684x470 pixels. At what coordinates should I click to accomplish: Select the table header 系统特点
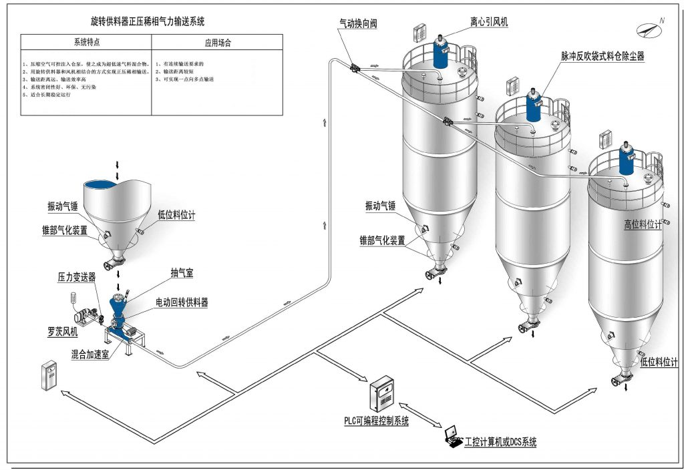click(87, 41)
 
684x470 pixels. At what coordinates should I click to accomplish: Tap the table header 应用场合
click(218, 41)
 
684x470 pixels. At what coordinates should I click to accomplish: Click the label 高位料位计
click(643, 225)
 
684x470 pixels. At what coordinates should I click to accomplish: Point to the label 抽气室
click(181, 274)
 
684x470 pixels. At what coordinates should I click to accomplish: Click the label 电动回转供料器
click(182, 303)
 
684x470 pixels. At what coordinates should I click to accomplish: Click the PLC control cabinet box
click(383, 394)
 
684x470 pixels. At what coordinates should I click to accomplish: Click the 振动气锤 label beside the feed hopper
click(63, 207)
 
